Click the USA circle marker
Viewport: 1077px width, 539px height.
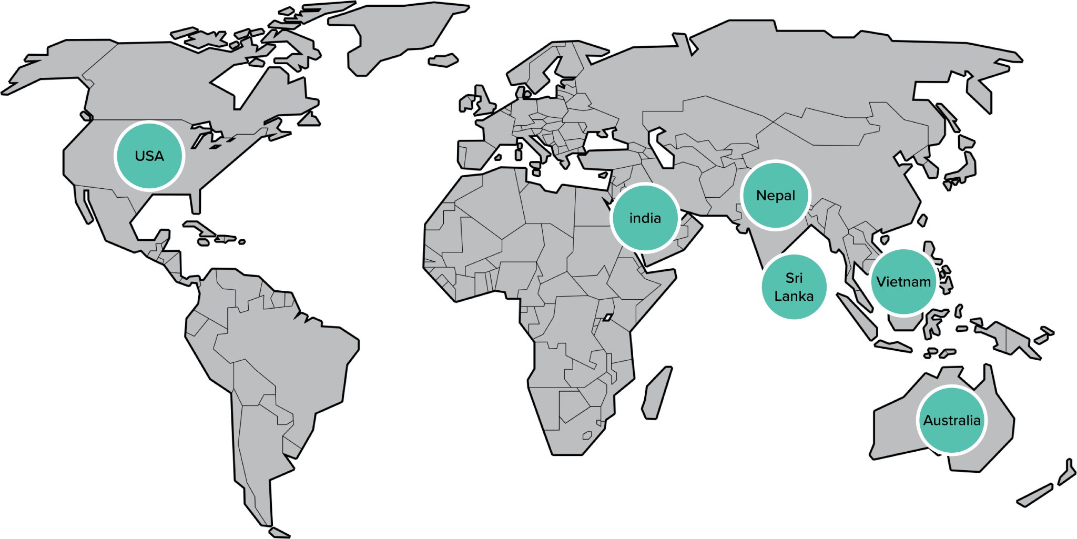pos(149,156)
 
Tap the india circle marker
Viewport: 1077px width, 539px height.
pos(645,217)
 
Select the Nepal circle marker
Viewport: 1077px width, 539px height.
pos(775,195)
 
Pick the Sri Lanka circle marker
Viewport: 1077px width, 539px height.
pos(794,287)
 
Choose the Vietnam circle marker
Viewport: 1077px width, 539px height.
pos(903,282)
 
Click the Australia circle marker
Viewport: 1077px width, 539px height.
pos(951,420)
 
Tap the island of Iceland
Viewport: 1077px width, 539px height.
pos(443,60)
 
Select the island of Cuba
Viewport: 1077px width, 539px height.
pos(200,228)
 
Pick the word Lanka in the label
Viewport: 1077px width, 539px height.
pos(794,296)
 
